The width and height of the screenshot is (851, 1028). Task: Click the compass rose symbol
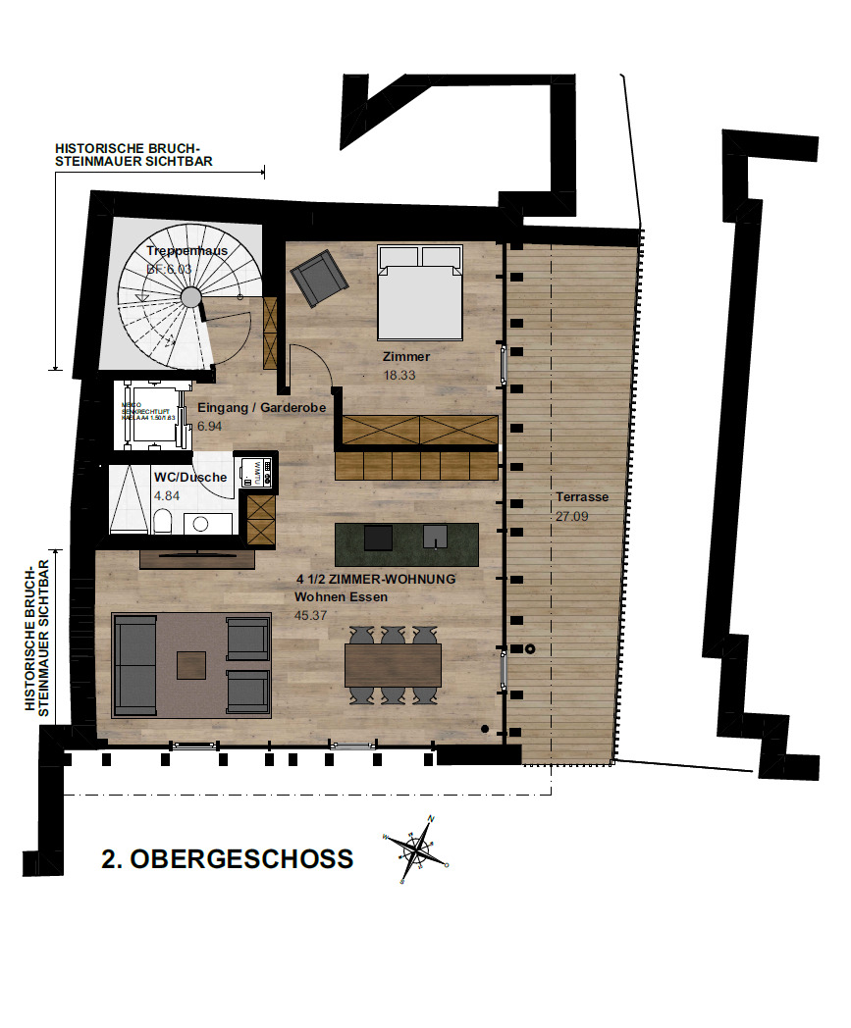tap(417, 848)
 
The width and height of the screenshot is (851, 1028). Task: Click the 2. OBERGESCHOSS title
tap(227, 859)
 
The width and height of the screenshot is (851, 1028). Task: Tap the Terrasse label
tap(582, 497)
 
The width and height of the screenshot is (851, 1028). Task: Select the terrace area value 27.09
tap(572, 516)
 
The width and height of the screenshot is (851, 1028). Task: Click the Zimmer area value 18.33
tap(399, 375)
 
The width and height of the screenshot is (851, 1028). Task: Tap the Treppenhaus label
tap(187, 251)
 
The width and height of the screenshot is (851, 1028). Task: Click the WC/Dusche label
tap(190, 478)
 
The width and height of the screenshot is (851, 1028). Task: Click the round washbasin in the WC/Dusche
tap(202, 524)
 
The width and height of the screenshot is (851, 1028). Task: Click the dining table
tap(393, 664)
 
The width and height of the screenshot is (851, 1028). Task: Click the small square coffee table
tap(191, 666)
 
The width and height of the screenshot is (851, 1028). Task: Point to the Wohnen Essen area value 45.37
tap(310, 615)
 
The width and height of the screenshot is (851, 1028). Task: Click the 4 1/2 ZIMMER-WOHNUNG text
tap(375, 580)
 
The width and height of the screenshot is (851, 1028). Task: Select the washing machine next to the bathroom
tap(254, 472)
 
